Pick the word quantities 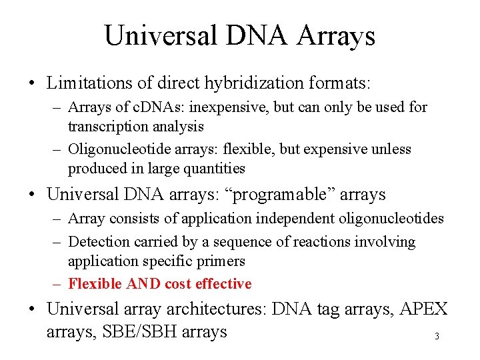point(213,168)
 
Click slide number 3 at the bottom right point(437,337)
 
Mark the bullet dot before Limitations point(33,84)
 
